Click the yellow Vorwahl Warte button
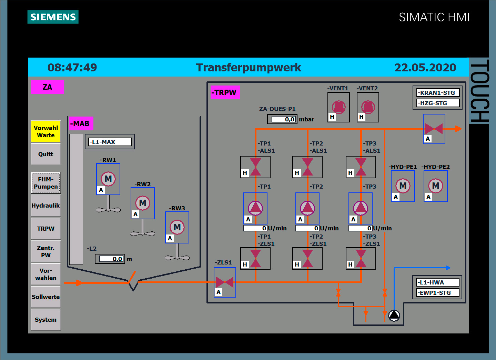pos(46,131)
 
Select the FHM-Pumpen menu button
pos(46,183)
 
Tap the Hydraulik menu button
pos(46,206)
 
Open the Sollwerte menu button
pos(46,297)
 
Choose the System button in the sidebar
pos(46,320)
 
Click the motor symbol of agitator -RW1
pos(108,179)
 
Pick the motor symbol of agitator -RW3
pos(177,227)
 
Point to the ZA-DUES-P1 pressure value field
pos(283,119)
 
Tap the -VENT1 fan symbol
pos(338,107)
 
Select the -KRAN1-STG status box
pos(438,93)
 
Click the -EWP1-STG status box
pos(438,293)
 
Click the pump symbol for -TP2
pos(307,208)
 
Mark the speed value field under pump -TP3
pos(361,228)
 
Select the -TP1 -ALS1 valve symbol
pos(255,167)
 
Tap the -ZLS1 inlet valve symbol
pos(225,282)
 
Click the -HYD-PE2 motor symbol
pos(436,186)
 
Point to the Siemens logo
pos(53,17)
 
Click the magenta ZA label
pos(47,87)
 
